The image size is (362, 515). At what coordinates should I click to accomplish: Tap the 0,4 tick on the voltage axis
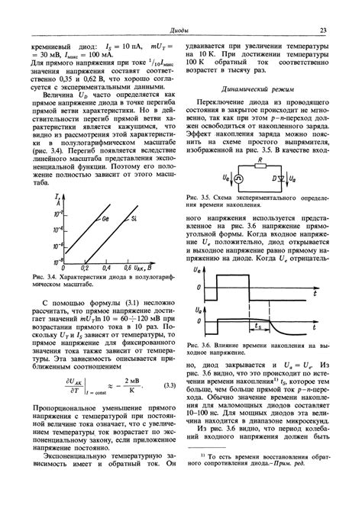pos(107,269)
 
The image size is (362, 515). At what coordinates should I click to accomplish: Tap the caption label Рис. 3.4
pos(44,276)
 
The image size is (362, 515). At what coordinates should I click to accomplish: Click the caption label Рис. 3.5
pos(198,196)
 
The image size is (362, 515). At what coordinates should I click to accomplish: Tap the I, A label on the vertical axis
pos(57,200)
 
